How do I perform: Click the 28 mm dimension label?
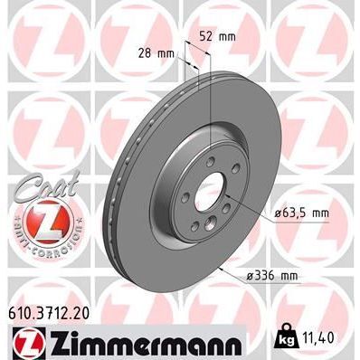[160, 54]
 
